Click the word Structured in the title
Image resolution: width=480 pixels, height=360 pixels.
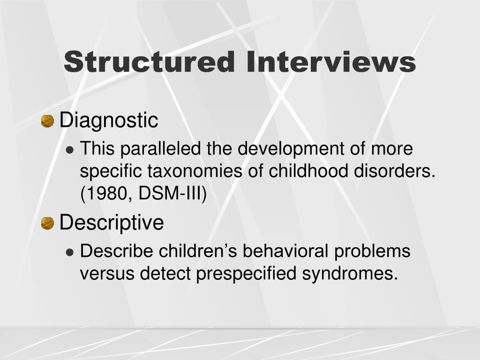coord(149,62)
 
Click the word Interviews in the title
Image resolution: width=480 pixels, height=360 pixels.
coord(331,62)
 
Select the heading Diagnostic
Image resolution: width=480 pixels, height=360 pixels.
coord(109,120)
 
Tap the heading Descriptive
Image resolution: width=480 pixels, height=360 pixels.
coord(112,223)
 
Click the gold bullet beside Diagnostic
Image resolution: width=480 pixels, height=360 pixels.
coord(47,121)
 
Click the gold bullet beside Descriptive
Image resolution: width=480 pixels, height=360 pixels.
coord(47,224)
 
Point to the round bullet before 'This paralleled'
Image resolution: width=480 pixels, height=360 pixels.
coord(70,150)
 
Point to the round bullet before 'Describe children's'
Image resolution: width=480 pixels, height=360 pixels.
coord(70,252)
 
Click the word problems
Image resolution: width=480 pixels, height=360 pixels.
coord(372,251)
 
